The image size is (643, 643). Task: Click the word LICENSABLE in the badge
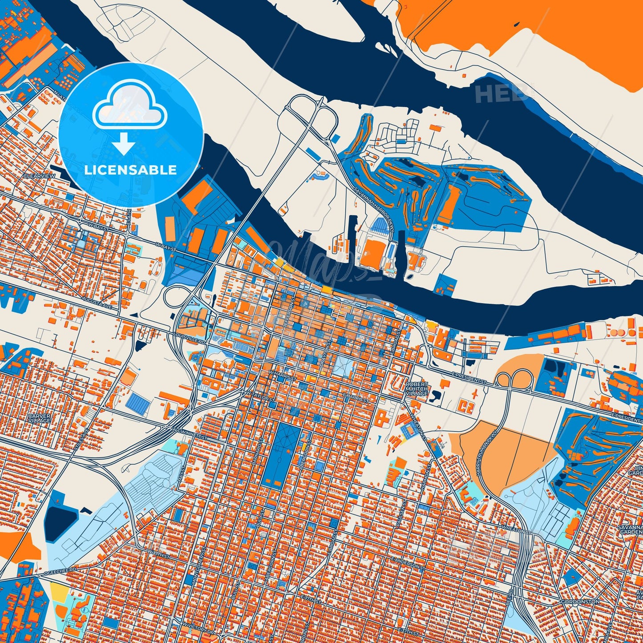click(x=130, y=170)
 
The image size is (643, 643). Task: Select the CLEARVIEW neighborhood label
click(x=40, y=176)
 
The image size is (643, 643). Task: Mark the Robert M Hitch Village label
click(x=417, y=388)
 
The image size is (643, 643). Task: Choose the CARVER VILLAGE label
click(x=39, y=418)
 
